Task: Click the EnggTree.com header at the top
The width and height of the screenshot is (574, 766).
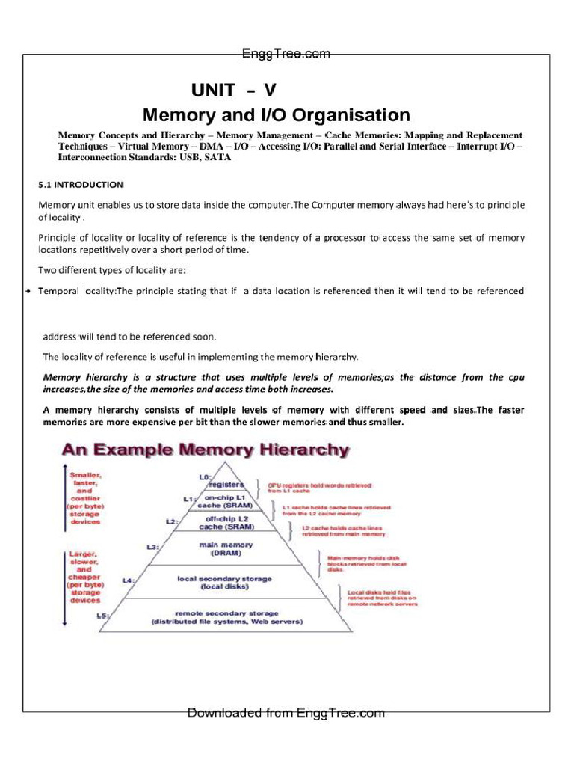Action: tap(286, 54)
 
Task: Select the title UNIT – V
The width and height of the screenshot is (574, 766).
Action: tap(233, 91)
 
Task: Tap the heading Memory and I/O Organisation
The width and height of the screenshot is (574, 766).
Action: tap(276, 115)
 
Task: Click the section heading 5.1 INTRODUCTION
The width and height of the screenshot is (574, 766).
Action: tap(81, 184)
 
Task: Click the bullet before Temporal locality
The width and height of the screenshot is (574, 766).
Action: tap(27, 291)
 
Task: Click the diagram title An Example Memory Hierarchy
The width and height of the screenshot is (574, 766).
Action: tap(205, 450)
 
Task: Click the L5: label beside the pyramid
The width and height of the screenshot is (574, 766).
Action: tap(104, 615)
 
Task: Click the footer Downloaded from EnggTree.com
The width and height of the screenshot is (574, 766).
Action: tap(286, 713)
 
